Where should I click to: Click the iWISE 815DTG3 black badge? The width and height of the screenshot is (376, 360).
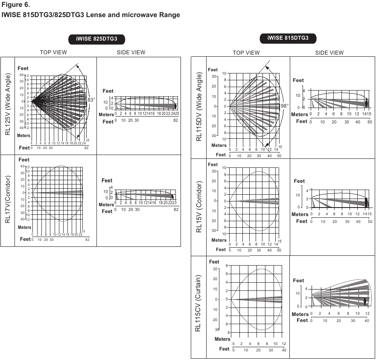[x=288, y=38]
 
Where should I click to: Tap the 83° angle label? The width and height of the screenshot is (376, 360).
[x=91, y=100]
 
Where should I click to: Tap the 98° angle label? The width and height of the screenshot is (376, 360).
[x=285, y=105]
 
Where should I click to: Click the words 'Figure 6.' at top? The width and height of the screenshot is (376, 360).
[x=15, y=5]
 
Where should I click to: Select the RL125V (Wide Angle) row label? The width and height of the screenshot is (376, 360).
[x=8, y=104]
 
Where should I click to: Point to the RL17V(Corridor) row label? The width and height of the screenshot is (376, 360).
[x=8, y=199]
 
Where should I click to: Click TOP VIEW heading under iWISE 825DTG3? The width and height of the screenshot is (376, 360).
[x=53, y=53]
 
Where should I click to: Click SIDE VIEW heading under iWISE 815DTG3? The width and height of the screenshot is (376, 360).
[x=329, y=53]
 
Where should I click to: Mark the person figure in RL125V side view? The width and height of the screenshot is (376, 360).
[x=175, y=105]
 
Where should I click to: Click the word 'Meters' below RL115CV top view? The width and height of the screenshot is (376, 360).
[x=222, y=339]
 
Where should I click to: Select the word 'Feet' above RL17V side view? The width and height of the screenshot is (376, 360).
[x=107, y=181]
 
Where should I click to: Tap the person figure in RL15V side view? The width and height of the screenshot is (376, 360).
[x=366, y=202]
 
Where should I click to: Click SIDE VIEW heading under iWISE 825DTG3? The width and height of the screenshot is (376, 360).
[x=131, y=53]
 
